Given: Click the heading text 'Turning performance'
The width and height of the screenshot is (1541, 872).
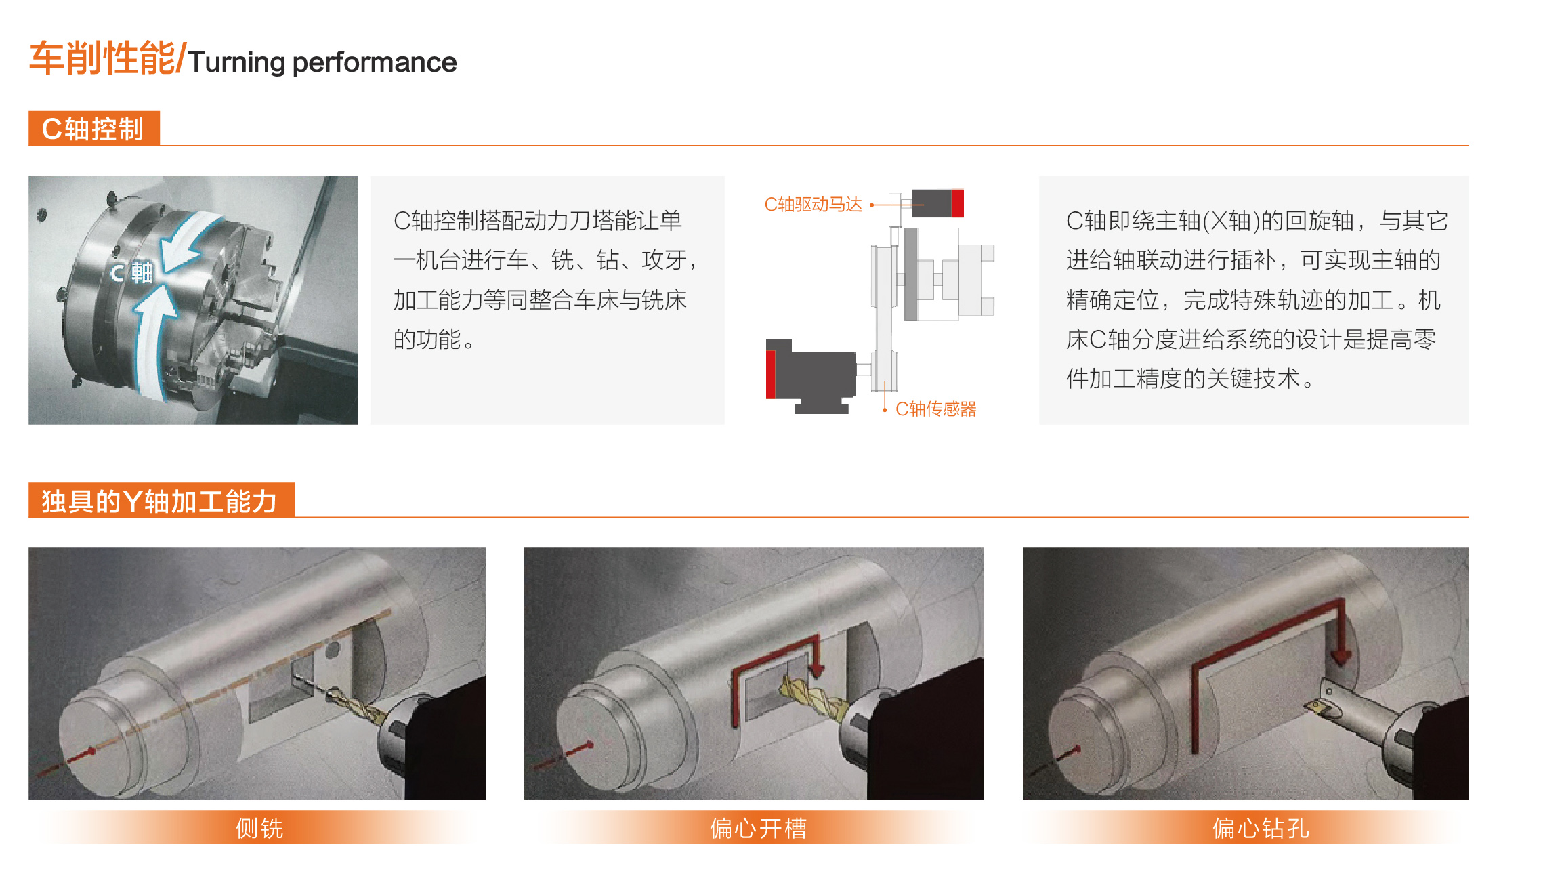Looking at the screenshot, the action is [322, 63].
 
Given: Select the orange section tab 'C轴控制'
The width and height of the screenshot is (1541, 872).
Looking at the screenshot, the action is [93, 129].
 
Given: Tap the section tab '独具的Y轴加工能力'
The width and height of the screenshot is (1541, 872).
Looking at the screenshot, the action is [161, 501].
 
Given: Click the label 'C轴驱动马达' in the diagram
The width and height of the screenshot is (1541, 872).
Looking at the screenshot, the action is [813, 205].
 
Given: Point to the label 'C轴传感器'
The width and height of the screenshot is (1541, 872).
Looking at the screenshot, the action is [935, 409].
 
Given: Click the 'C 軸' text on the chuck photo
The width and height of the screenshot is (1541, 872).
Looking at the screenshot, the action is [132, 273].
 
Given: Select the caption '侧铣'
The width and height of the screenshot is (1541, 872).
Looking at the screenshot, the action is [259, 828].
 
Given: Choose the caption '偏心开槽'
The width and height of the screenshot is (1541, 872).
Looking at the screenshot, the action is [758, 828].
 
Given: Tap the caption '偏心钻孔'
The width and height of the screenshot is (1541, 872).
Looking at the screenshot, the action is [1261, 828].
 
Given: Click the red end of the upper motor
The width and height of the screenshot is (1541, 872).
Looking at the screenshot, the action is [958, 203].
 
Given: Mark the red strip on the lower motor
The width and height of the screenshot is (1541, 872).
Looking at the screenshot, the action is [771, 374].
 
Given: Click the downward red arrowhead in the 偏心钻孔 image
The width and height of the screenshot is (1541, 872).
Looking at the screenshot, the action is [1340, 656].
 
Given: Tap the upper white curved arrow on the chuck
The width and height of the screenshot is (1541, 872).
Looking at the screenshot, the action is [190, 241].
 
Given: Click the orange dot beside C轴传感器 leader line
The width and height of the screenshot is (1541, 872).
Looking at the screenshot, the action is [885, 410].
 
